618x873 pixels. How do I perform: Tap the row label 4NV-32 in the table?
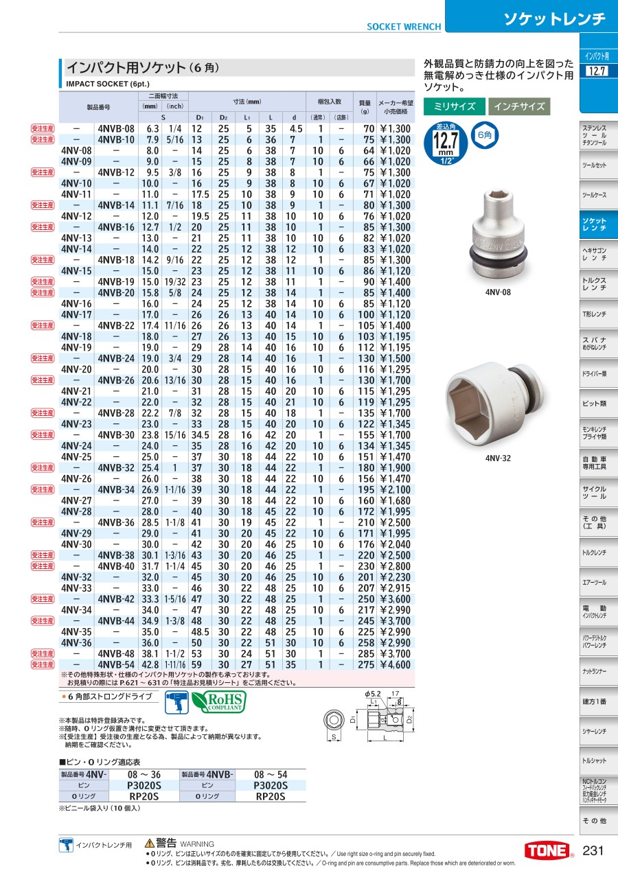coord(76,577)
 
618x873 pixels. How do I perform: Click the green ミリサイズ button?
coord(454,106)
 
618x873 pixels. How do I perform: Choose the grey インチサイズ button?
coord(519,106)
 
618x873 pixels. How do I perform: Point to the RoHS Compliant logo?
coord(218,701)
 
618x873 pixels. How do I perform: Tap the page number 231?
coord(593,850)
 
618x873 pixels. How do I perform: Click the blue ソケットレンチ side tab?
coord(594,223)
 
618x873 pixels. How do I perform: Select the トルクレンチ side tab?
coord(594,552)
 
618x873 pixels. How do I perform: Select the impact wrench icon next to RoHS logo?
coord(176,701)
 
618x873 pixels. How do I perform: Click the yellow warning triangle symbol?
coord(149,843)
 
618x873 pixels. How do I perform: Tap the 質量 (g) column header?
coord(365,107)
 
